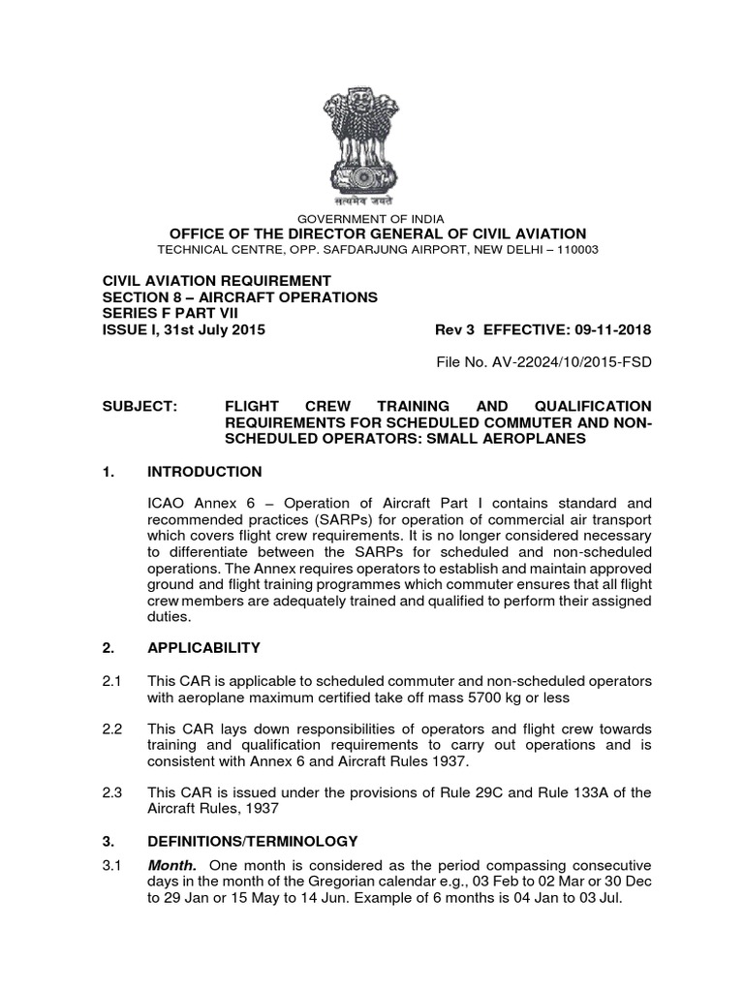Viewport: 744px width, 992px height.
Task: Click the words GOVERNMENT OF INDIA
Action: (372, 219)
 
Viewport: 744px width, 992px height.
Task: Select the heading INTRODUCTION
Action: (203, 472)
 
